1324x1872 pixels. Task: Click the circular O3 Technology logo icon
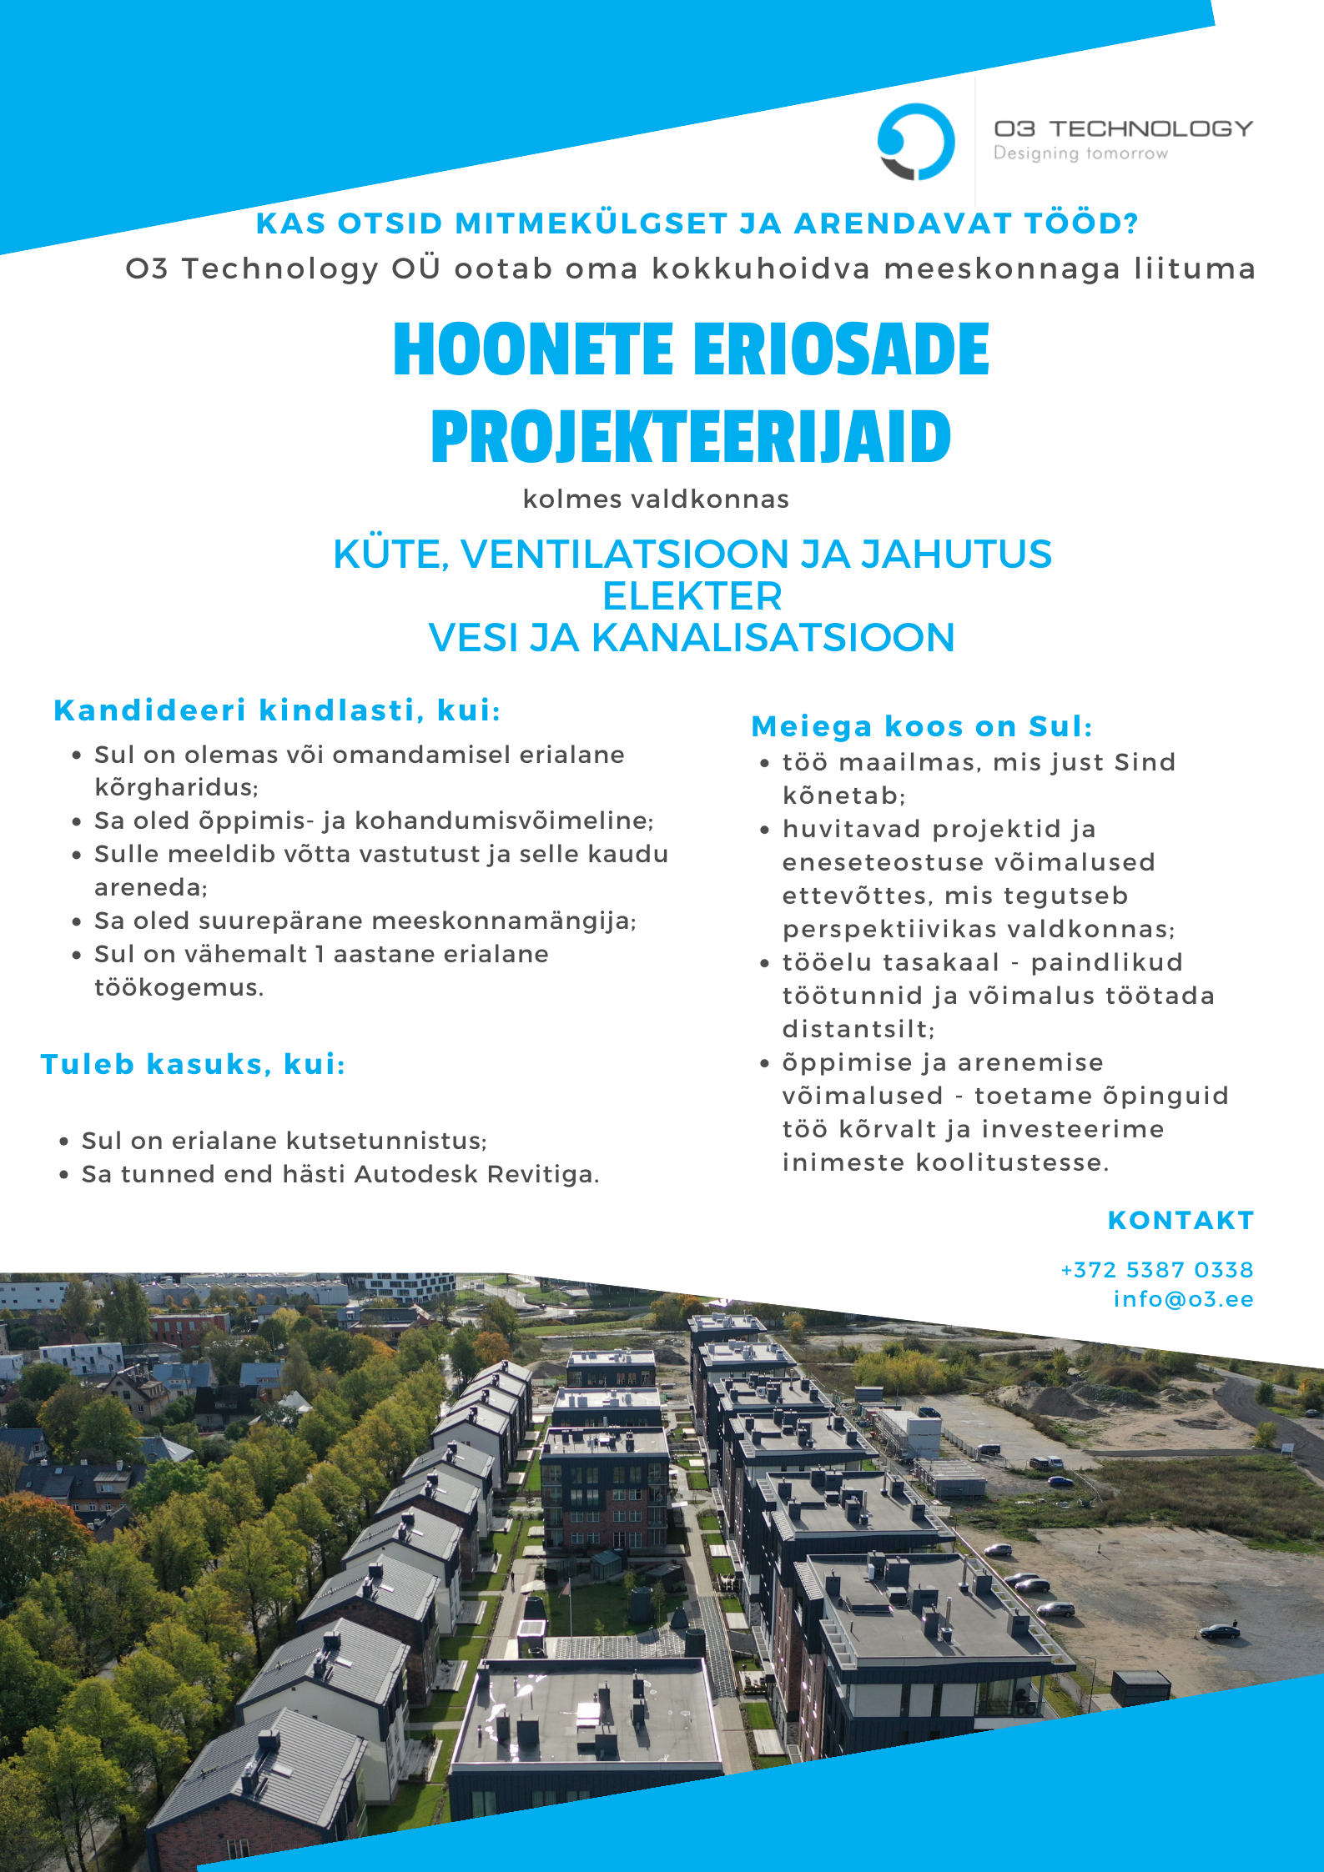point(915,142)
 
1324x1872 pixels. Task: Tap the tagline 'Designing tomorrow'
point(1080,153)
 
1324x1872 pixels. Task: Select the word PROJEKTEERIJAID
point(691,437)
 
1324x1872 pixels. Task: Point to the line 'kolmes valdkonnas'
point(656,499)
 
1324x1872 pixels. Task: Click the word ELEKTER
point(692,596)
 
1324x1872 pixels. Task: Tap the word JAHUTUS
point(956,555)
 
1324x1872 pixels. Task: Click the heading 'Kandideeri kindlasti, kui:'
point(277,710)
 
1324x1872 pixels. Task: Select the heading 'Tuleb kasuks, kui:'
point(193,1064)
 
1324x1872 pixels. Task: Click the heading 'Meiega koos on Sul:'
point(922,726)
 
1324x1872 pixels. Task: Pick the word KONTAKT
point(1181,1220)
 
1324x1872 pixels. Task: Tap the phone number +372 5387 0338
point(1156,1270)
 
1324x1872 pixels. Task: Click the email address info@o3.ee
point(1183,1299)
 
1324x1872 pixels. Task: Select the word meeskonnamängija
point(503,921)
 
